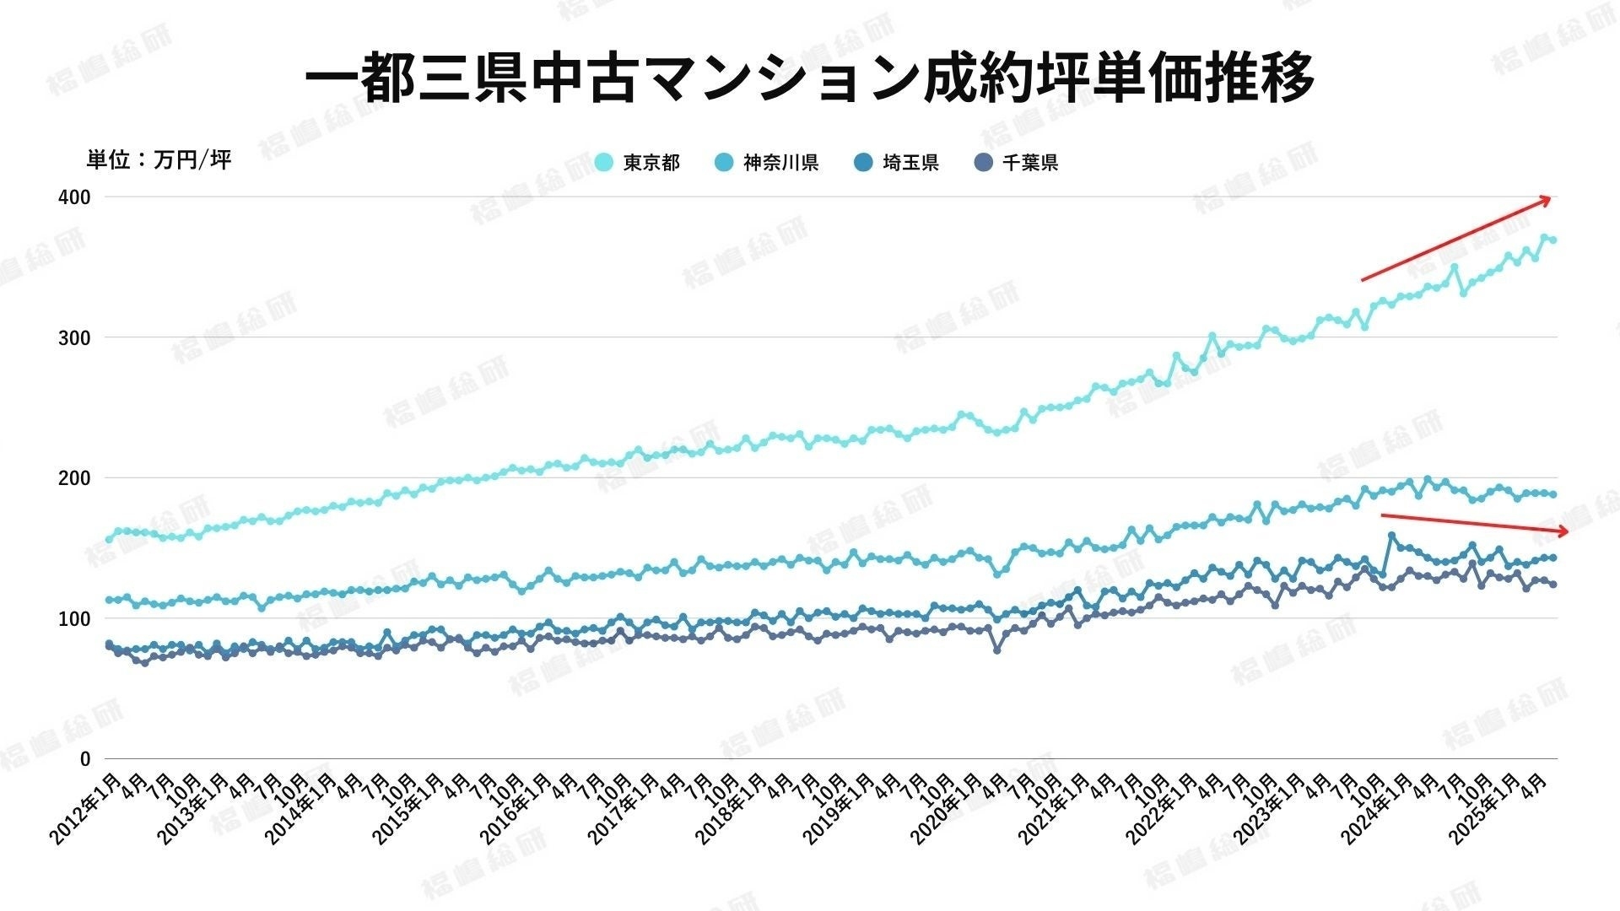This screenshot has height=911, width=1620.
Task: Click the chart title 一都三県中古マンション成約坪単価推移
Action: tap(809, 78)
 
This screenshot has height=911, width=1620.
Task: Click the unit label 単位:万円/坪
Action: tap(159, 159)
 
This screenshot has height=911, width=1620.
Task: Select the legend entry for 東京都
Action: tap(638, 163)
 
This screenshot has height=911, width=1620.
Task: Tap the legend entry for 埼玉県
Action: tap(897, 163)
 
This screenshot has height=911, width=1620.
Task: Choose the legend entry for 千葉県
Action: tap(1017, 163)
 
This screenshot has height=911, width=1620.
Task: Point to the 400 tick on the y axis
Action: tap(74, 197)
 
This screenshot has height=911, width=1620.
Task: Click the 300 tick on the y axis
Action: tap(74, 338)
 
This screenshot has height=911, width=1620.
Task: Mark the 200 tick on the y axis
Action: tap(74, 478)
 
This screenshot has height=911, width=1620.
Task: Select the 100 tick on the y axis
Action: tap(74, 619)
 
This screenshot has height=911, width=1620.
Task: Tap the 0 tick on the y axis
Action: tap(84, 759)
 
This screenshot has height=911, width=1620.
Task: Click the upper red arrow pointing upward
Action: tap(1455, 239)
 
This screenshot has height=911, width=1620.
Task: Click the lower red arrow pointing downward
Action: tap(1474, 523)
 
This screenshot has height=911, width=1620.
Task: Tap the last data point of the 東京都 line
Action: tap(1552, 240)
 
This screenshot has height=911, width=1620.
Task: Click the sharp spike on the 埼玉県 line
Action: tap(1391, 536)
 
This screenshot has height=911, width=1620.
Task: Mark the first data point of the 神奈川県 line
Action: tap(108, 600)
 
